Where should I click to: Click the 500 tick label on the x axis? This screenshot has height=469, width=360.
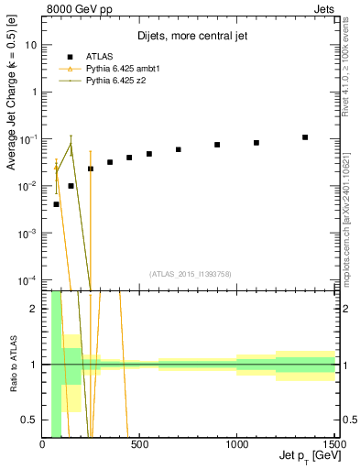point(139,444)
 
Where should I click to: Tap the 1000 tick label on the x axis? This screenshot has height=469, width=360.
point(236,444)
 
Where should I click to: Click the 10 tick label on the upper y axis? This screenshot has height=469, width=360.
point(31,44)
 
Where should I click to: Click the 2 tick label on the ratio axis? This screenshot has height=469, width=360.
point(33,309)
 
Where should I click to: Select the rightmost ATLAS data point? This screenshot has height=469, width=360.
point(305,137)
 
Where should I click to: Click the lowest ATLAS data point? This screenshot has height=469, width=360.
point(57,204)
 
